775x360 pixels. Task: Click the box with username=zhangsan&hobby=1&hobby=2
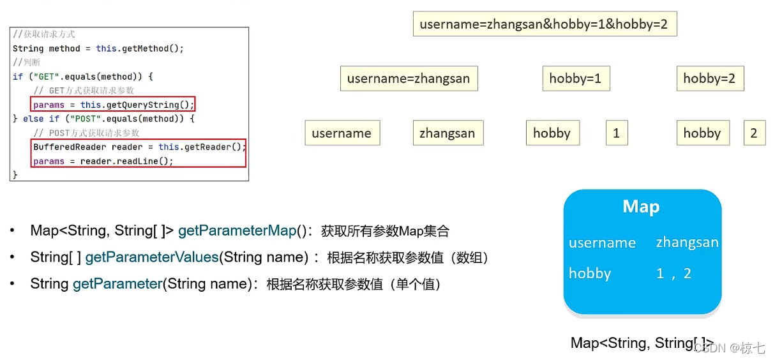[x=545, y=24]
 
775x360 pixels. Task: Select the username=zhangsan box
[x=409, y=79]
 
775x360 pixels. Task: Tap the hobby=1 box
[x=575, y=79]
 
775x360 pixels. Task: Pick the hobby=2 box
[x=709, y=79]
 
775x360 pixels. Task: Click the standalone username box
[x=342, y=133]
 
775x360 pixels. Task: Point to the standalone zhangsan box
[x=447, y=133]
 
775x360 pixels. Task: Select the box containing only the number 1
[x=616, y=133]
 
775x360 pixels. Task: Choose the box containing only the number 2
[x=754, y=133]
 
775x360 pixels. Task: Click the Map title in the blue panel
[x=641, y=207]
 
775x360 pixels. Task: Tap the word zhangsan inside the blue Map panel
[x=687, y=243]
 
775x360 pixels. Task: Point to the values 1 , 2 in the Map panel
[x=673, y=273]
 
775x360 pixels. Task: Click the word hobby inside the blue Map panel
[x=590, y=273]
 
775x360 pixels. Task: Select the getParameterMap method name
[x=237, y=230]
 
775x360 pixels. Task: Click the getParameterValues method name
[x=152, y=257]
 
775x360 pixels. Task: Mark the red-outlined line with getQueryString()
[x=113, y=105]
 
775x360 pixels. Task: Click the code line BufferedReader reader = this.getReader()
[x=139, y=147]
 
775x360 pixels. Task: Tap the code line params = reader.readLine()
[x=103, y=161]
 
